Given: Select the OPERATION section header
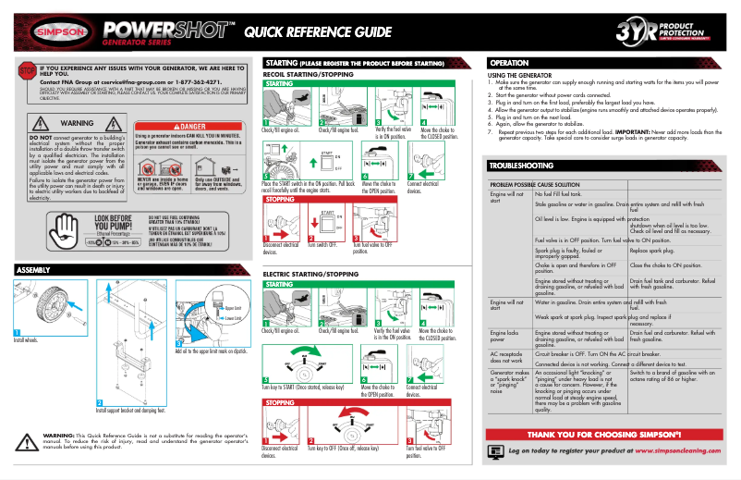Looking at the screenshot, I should pos(508,63).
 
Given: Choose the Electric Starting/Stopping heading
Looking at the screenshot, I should pos(310,275).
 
